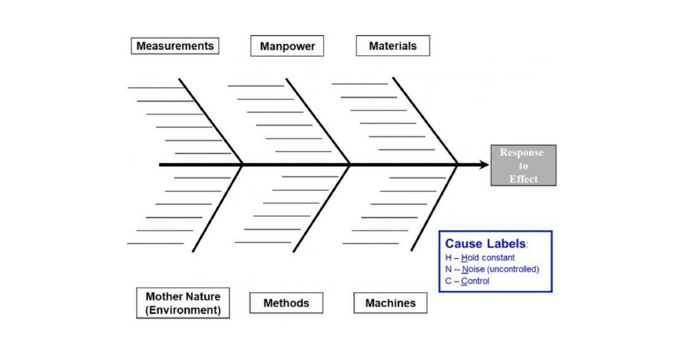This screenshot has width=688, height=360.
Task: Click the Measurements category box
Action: click(175, 46)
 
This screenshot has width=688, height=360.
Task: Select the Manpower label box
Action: click(287, 46)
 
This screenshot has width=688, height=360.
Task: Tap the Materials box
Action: click(393, 46)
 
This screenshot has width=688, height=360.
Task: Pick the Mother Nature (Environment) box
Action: click(183, 303)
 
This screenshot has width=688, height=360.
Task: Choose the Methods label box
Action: click(286, 303)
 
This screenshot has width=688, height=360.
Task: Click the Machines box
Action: click(390, 303)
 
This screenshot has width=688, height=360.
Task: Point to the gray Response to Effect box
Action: click(523, 165)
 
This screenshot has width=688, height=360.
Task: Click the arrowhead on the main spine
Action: click(484, 165)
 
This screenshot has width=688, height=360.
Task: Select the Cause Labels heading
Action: click(486, 244)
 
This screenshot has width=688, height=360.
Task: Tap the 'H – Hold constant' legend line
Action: click(480, 258)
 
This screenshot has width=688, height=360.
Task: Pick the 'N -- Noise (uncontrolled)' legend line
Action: click(492, 269)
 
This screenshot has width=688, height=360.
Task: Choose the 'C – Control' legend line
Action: click(467, 281)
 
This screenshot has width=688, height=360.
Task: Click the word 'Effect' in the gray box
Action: click(523, 179)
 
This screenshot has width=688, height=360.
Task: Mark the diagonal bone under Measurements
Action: click(210, 122)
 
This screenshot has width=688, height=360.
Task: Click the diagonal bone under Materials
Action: click(425, 121)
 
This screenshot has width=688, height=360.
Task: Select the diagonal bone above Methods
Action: click(321, 209)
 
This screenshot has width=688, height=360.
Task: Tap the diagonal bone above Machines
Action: click(434, 208)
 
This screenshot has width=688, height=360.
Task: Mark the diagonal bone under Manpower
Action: click(318, 122)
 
